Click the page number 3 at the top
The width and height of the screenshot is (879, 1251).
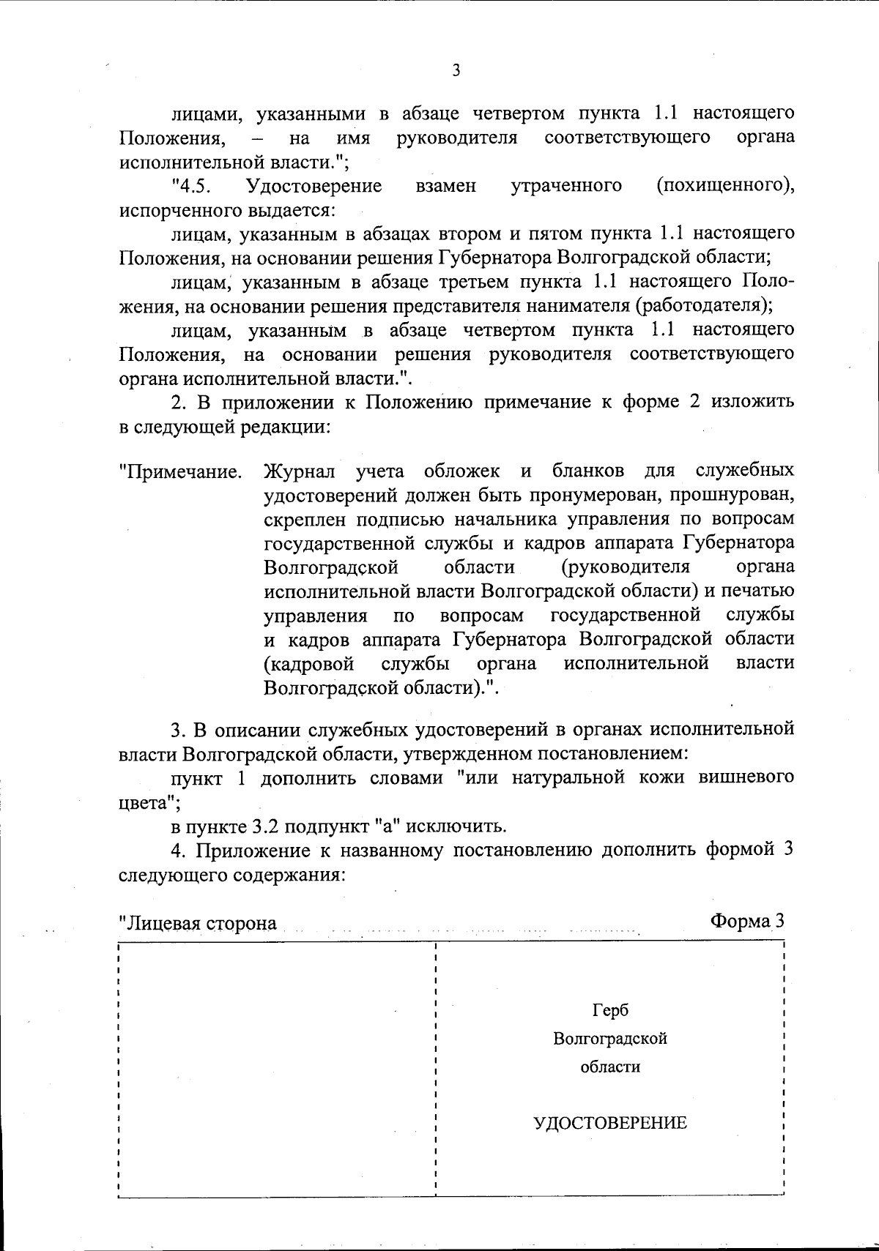coord(456,71)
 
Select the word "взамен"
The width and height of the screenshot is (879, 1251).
coord(445,186)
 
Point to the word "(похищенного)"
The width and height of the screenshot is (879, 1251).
coord(726,186)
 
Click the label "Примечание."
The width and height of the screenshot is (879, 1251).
coord(181,471)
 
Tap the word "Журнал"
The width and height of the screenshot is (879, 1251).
coord(300,470)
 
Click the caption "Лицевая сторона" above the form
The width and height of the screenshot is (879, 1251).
coord(199,923)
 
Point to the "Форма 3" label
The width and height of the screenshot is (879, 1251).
coord(747,921)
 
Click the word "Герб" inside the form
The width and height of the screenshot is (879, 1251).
coord(610,1011)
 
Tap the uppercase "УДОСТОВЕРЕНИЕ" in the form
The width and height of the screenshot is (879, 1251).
coord(610,1123)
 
